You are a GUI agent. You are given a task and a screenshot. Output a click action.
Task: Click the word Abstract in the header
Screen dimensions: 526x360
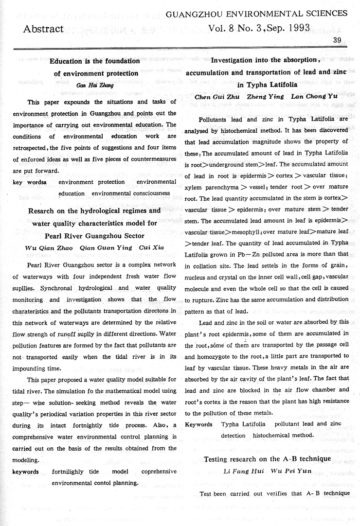coord(43,29)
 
